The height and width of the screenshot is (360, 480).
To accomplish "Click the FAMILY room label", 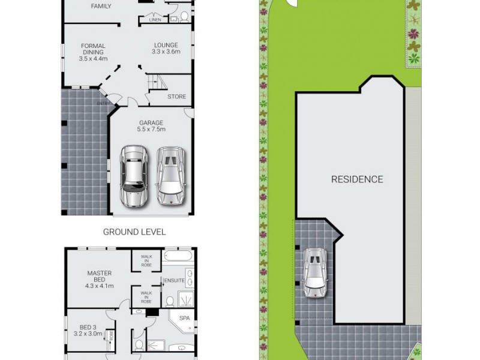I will point(101,7).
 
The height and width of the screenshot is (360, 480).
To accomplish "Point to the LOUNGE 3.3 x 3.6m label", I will point(166,48).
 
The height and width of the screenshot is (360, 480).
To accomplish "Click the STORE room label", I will point(176,97).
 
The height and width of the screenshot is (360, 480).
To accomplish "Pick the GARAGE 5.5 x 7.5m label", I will point(151,126).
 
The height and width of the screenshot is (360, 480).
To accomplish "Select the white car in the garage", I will point(170,176).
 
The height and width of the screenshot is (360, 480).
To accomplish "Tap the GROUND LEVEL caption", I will point(134,232).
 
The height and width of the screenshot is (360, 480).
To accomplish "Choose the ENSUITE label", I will point(173,280).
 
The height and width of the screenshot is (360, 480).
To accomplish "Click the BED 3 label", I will point(88,329).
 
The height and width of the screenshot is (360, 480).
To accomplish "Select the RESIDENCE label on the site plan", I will point(357,179).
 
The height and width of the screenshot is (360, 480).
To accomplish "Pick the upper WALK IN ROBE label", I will point(146,260).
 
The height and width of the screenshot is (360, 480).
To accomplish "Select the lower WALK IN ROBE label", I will point(146,296).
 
